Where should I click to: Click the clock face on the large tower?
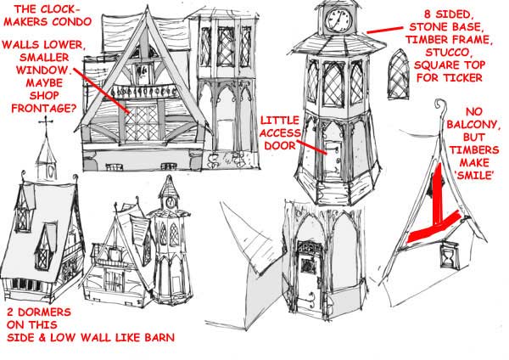pyautogui.click(x=338, y=20)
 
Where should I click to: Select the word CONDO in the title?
pyautogui.click(x=72, y=22)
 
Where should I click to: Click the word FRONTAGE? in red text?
pyautogui.click(x=44, y=108)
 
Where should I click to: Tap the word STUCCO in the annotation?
pyautogui.click(x=447, y=53)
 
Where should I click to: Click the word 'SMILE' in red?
pyautogui.click(x=474, y=176)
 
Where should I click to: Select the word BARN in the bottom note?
pyautogui.click(x=159, y=337)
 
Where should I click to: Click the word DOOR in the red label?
pyautogui.click(x=280, y=145)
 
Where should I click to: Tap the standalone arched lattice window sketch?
pyautogui.click(x=399, y=75)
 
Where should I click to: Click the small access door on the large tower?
pyautogui.click(x=333, y=158)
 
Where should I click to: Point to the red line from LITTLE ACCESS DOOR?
pyautogui.click(x=311, y=147)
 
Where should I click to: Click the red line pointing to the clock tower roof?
pyautogui.click(x=384, y=30)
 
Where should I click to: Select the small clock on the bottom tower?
pyautogui.click(x=171, y=202)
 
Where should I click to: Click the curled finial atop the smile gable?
pyautogui.click(x=440, y=105)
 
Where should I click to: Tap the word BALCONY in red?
pyautogui.click(x=473, y=125)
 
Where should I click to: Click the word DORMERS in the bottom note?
pyautogui.click(x=44, y=312)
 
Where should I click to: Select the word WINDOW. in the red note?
pyautogui.click(x=44, y=70)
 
